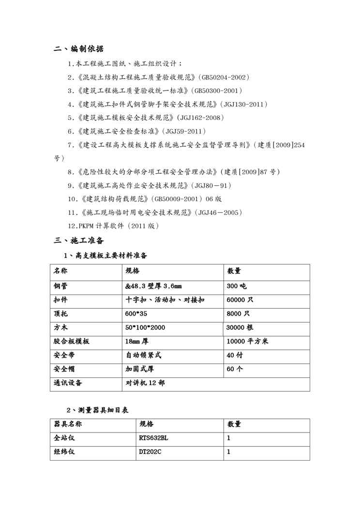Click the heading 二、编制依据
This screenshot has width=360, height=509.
(78, 49)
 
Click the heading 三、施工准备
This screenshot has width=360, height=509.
(78, 240)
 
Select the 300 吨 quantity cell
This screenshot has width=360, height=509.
(237, 286)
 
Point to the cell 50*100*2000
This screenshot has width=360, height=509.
(145, 328)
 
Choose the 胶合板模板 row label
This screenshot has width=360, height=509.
(71, 341)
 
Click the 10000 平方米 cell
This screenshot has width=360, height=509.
(247, 341)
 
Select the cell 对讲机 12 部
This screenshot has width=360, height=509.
(145, 383)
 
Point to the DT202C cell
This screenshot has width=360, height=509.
(150, 452)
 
